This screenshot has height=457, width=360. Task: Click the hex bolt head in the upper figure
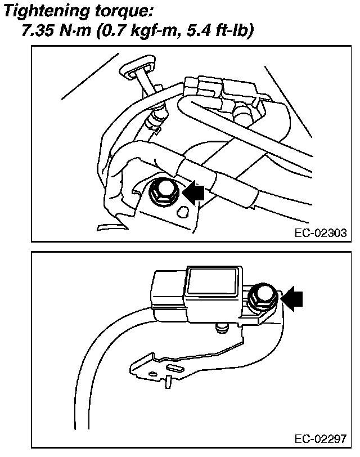163,191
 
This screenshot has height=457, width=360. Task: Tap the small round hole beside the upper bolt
182,212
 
